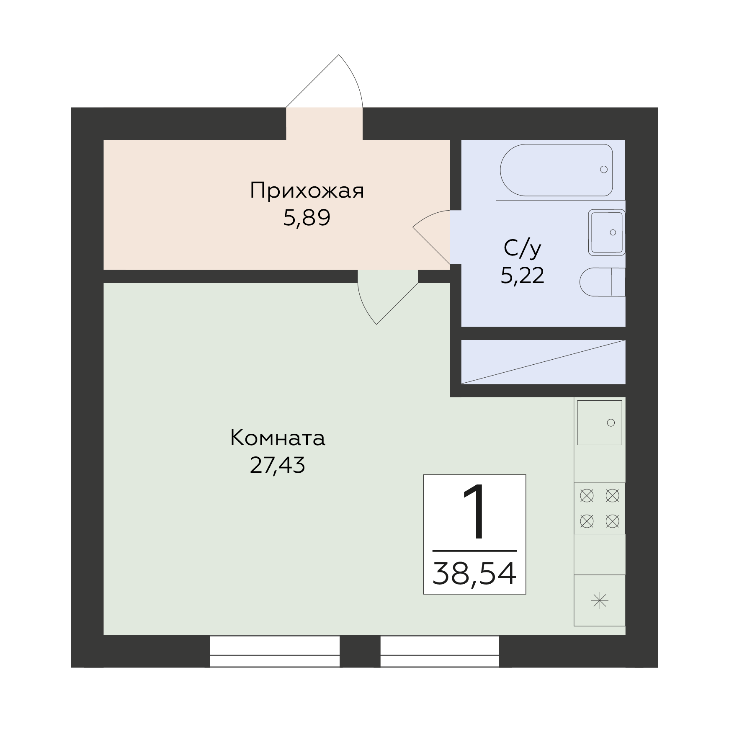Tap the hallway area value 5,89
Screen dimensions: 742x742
307,218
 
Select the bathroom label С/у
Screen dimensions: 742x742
522,249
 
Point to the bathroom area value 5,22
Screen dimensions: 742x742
522,276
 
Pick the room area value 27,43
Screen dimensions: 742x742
278,465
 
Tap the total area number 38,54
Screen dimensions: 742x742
474,574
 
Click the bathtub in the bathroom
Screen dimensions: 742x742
556,170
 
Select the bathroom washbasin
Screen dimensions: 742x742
607,232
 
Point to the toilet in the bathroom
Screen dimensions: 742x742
603,282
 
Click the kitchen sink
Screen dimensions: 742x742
600,423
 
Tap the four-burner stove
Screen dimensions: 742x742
600,508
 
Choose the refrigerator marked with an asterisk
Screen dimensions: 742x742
600,601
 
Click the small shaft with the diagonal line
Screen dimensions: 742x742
544,362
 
